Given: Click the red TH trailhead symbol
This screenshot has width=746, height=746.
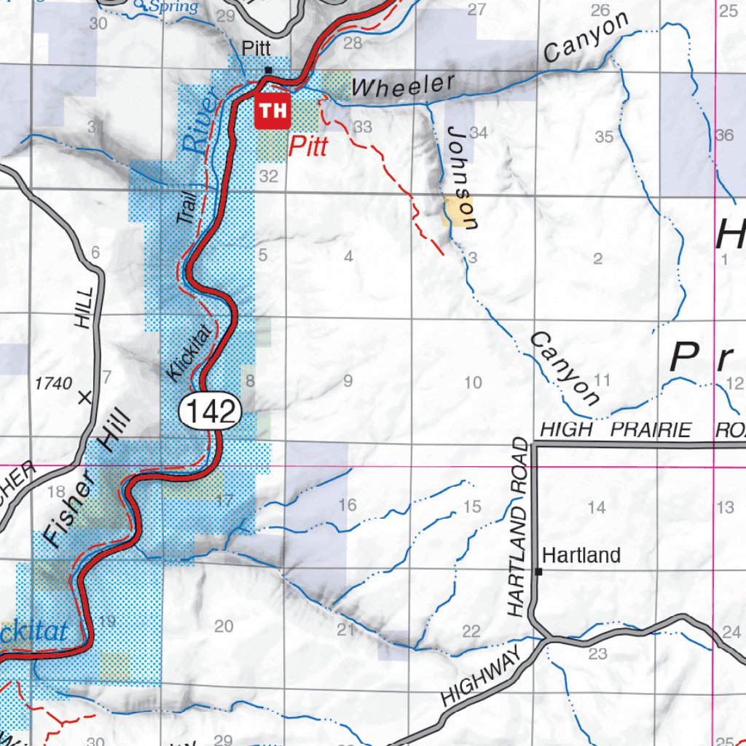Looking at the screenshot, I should coord(272,111).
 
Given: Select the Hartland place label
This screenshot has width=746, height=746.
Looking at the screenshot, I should coord(581,556).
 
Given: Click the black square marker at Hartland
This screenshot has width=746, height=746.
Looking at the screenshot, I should coord(538,572).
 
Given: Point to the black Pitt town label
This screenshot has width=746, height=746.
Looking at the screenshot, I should coord(256,48).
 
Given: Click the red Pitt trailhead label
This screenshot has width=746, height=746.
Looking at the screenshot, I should coord(307,146).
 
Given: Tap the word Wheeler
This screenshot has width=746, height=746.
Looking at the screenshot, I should coord(402,85).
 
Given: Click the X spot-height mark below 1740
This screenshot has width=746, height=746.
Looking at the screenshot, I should coord(85,398).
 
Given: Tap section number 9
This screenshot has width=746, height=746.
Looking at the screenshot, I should coord(348,380).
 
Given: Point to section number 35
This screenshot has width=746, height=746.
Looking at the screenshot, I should coord(604,137).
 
